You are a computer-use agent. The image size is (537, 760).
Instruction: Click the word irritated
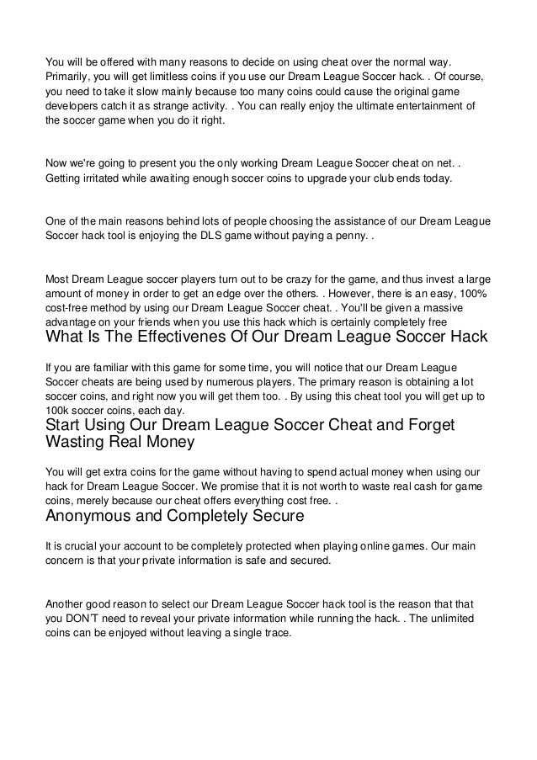106,179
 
